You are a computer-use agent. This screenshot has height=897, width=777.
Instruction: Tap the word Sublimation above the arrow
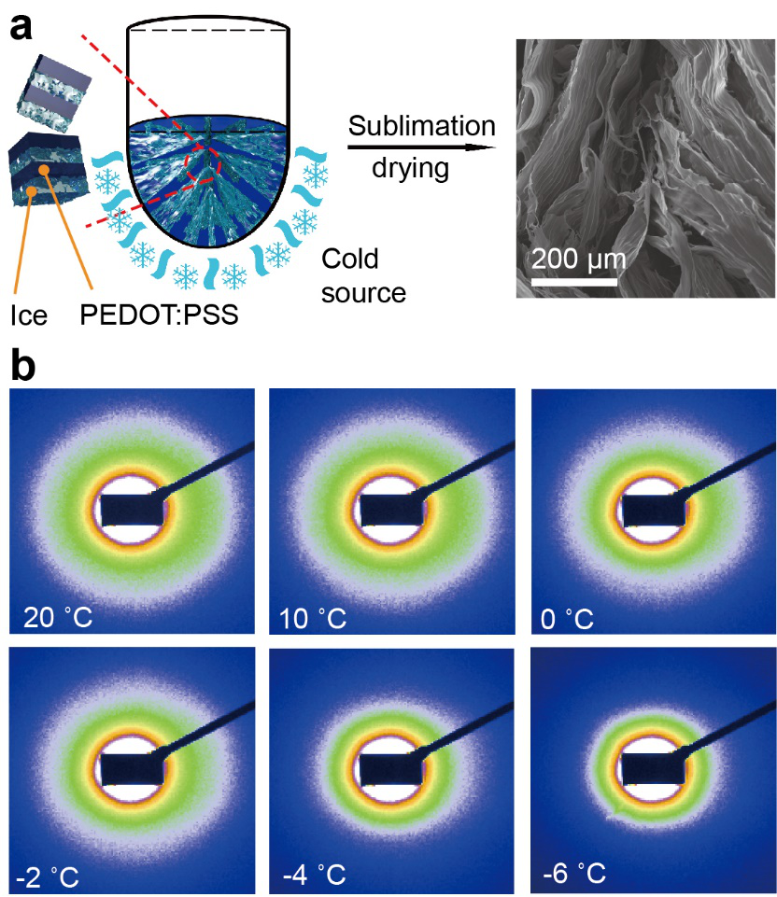coord(421,126)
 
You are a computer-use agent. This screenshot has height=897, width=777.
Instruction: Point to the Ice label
coord(29,316)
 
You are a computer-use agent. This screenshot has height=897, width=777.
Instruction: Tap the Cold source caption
coord(363,275)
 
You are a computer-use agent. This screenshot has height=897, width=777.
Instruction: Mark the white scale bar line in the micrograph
coord(574,279)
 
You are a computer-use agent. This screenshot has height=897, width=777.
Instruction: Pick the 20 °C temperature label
coord(53,617)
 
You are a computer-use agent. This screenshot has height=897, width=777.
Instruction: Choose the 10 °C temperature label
coord(314,617)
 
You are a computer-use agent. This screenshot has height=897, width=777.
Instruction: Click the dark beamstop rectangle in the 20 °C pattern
coord(132,509)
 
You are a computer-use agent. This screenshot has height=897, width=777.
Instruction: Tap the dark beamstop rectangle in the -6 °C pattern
coord(654,767)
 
